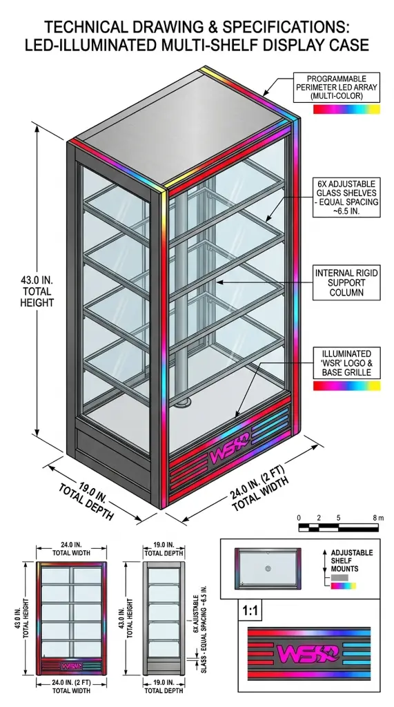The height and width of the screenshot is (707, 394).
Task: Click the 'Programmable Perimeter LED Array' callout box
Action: (x=336, y=88)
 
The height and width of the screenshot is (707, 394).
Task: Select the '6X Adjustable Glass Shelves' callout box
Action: (x=346, y=197)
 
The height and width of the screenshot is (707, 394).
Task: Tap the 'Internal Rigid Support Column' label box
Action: (x=346, y=282)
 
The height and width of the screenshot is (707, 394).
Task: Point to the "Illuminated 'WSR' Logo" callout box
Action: (x=346, y=363)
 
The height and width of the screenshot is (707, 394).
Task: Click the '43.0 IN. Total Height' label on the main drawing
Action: (x=37, y=291)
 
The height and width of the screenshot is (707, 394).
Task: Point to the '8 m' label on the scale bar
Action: (x=378, y=518)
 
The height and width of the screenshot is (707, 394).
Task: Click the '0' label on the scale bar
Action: (x=299, y=518)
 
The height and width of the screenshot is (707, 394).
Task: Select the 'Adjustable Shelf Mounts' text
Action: (x=352, y=561)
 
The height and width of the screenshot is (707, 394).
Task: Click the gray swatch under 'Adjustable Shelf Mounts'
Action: (x=339, y=577)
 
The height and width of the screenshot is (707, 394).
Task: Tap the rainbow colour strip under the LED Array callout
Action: (x=346, y=109)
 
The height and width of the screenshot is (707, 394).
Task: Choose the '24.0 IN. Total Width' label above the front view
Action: (x=71, y=548)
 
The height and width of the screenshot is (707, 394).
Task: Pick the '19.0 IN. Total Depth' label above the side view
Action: (x=164, y=548)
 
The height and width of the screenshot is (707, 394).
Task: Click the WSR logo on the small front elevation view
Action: (x=71, y=666)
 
